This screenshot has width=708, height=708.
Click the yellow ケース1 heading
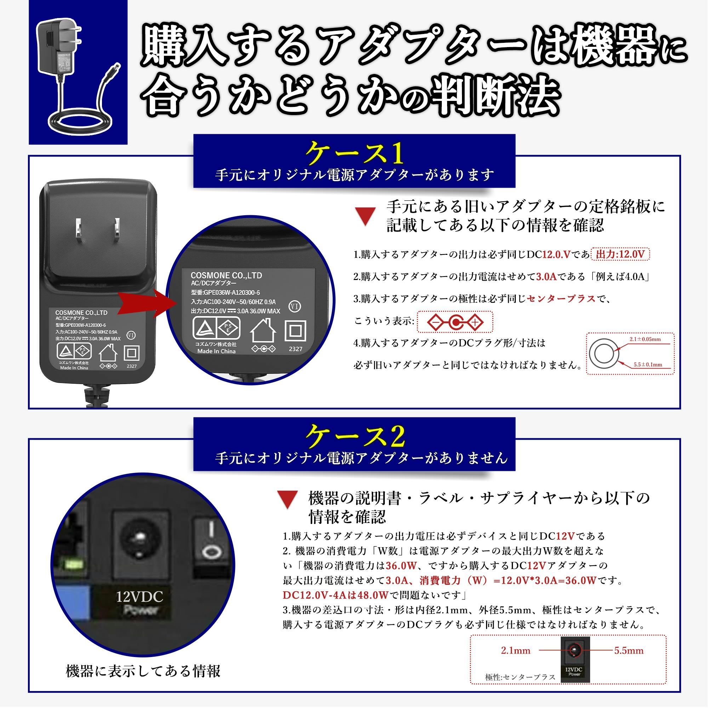(x=354, y=154)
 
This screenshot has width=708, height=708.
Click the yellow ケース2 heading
(x=355, y=436)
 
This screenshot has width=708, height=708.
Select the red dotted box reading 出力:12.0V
(x=620, y=254)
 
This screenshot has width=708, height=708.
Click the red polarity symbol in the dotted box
(x=455, y=322)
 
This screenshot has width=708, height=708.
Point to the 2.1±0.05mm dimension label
(x=645, y=339)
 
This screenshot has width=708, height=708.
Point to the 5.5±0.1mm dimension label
(x=648, y=365)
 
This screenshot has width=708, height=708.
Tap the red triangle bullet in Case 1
(x=365, y=216)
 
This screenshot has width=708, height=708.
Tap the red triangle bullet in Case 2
(x=288, y=499)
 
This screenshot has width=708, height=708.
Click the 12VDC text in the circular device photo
(x=139, y=597)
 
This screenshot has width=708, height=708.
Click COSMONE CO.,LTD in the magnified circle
(x=226, y=275)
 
